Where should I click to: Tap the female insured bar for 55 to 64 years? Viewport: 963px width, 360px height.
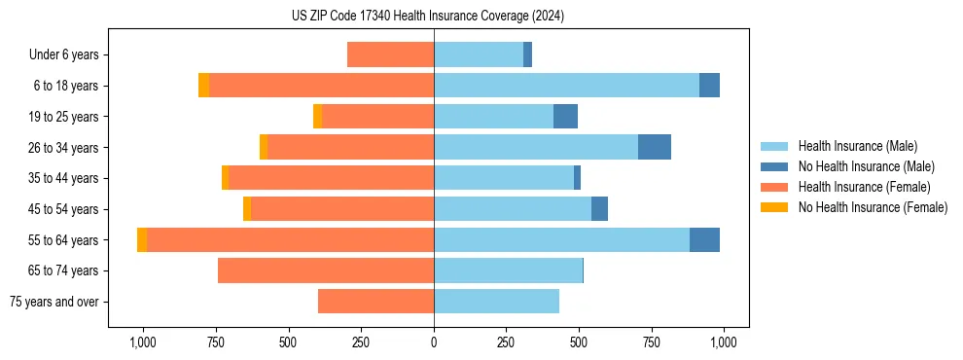click(x=290, y=239)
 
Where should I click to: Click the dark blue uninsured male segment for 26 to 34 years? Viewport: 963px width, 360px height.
click(x=655, y=147)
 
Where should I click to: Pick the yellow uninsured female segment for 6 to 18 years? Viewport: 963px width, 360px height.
click(x=203, y=86)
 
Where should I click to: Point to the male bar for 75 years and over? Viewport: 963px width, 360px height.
click(x=496, y=302)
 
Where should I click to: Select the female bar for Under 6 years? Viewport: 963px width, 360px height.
click(x=390, y=54)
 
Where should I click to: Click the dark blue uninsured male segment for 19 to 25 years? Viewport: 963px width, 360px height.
click(x=565, y=117)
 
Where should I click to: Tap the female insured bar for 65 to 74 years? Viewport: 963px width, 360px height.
click(x=326, y=270)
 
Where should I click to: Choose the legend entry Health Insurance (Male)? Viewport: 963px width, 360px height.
click(x=857, y=146)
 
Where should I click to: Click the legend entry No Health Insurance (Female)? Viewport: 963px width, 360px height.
click(x=873, y=207)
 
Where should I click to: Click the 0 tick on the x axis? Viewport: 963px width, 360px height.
click(x=434, y=342)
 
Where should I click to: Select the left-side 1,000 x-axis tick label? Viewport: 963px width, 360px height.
click(x=143, y=342)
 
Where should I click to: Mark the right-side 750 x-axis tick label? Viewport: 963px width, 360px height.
click(x=652, y=342)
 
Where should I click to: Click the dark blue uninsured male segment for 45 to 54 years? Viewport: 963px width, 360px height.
click(x=599, y=209)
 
